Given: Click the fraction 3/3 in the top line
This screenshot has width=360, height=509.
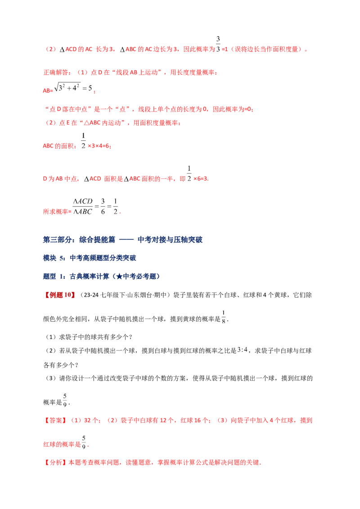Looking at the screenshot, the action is [x=218, y=44].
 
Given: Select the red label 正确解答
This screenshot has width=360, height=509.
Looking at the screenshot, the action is [x=56, y=72].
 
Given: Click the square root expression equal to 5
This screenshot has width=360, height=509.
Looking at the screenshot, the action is [x=73, y=87].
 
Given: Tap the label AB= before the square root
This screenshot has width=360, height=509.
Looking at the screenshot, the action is [x=48, y=90].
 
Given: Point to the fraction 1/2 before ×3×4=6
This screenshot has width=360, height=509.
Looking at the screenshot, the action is [x=84, y=141].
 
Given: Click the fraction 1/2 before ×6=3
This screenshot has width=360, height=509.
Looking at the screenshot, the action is [x=189, y=174].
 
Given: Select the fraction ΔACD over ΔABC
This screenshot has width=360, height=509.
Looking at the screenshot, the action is [x=83, y=206].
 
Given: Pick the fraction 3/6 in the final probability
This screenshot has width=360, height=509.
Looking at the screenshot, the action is [x=103, y=206].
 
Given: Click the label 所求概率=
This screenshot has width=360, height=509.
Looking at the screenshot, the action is [x=57, y=212].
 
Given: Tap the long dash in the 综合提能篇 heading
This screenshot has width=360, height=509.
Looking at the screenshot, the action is [x=126, y=240].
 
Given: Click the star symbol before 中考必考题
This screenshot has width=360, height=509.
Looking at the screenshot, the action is [x=119, y=277].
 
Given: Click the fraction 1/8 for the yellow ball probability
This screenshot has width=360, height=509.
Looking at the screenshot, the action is [x=224, y=317].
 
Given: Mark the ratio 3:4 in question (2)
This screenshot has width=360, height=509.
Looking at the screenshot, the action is [x=243, y=350].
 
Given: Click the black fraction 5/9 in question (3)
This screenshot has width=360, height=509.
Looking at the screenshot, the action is [x=65, y=400].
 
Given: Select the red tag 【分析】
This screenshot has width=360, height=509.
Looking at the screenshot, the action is [x=55, y=462].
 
